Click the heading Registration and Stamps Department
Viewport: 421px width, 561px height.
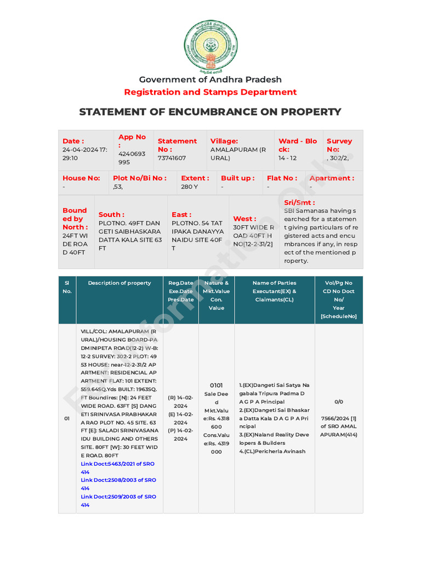point(210,92)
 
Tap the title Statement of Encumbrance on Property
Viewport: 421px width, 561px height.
point(210,112)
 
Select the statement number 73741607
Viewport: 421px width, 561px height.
point(172,158)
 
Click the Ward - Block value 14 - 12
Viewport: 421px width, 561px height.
point(287,158)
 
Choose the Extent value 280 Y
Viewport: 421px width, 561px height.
point(189,187)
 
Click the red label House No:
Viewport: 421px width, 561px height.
point(81,178)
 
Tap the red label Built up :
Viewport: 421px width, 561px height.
point(237,178)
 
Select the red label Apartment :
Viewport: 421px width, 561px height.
point(332,178)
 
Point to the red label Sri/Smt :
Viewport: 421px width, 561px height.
point(299,202)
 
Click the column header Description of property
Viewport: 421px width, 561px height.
point(120,283)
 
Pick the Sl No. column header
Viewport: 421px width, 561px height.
point(67,287)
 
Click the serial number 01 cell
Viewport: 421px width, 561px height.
point(67,419)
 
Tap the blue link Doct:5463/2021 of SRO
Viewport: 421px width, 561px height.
point(118,464)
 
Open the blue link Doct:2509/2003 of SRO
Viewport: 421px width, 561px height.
point(118,497)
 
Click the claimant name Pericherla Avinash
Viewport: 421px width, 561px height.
point(272,451)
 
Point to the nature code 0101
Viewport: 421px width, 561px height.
point(217,385)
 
